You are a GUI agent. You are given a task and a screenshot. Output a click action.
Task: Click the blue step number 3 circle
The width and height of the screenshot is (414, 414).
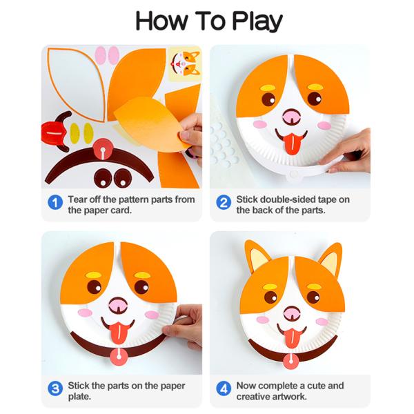(55, 388)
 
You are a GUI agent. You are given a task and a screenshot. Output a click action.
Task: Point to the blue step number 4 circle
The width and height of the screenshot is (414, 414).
(223, 388)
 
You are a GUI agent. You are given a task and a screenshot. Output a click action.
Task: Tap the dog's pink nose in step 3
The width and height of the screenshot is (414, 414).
(119, 304)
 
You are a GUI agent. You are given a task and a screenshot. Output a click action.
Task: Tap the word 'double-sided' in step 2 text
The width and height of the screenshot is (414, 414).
(286, 199)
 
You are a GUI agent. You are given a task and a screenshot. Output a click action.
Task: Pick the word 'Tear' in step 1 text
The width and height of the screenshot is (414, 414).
(78, 199)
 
